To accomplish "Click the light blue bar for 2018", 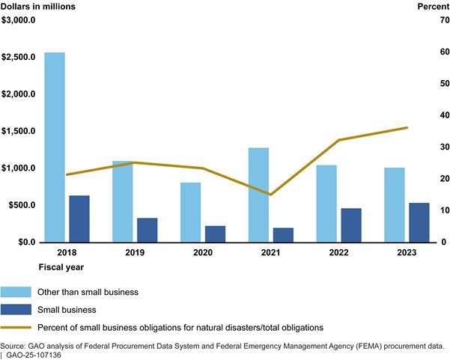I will coord(55,147).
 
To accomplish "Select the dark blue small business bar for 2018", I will coord(79,219).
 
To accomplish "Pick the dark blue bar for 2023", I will coord(419,222).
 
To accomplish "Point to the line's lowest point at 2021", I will coord(270,195).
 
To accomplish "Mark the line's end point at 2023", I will coord(407,127).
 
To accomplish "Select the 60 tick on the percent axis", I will coord(424,52).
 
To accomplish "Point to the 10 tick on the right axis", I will coord(424,210).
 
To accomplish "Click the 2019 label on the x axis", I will coord(135,254).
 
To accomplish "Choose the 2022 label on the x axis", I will coord(338,254).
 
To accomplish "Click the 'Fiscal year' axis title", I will coord(61,266).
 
